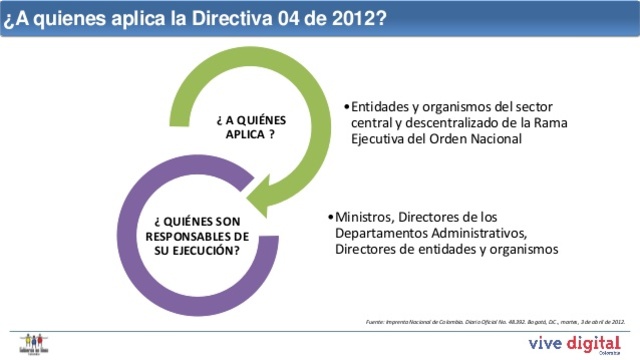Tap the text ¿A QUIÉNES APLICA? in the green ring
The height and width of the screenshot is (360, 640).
pyautogui.click(x=245, y=125)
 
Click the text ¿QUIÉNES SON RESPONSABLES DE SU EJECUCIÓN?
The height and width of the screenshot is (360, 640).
pyautogui.click(x=197, y=234)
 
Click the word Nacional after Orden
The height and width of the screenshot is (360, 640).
pyautogui.click(x=496, y=139)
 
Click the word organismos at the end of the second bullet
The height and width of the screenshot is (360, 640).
pyautogui.click(x=522, y=248)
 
